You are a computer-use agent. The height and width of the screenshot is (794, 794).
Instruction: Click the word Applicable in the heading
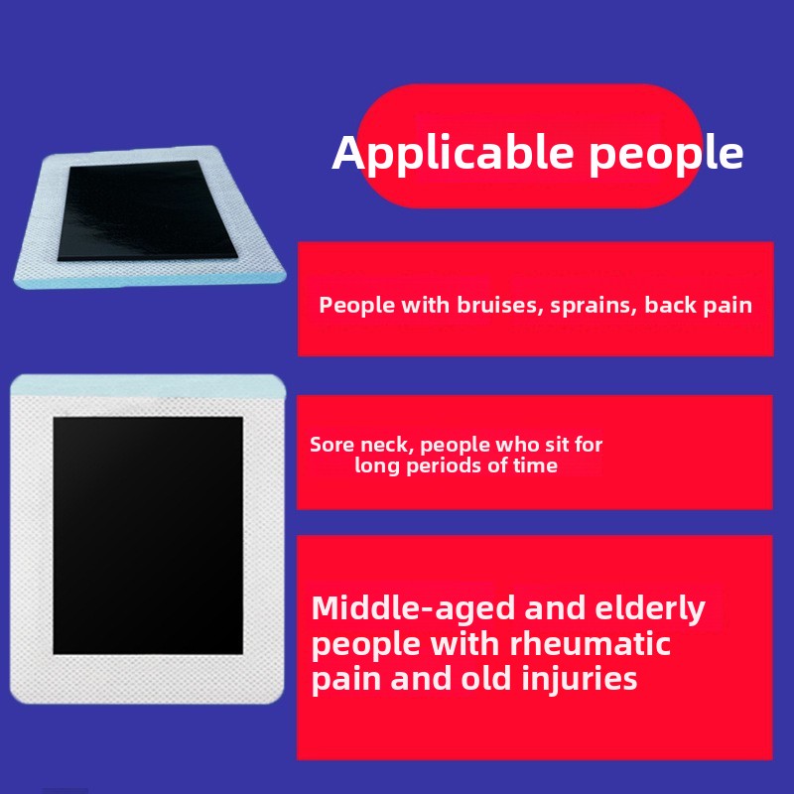[453, 154]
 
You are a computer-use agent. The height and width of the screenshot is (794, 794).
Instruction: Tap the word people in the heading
[666, 154]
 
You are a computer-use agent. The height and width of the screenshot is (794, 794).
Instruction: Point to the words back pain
[699, 306]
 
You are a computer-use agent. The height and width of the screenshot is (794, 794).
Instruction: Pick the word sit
[556, 444]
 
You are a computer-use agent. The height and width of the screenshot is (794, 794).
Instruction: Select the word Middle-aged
[414, 608]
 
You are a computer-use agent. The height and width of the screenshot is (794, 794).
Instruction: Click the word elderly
[650, 608]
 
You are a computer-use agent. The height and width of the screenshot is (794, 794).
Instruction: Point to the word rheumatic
[590, 643]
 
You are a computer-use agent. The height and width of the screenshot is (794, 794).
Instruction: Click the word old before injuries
[485, 678]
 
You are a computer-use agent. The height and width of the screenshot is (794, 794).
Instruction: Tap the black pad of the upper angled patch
[146, 209]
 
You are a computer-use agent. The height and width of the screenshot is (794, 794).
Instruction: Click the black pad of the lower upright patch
[148, 535]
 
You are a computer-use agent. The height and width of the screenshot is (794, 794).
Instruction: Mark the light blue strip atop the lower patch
[148, 386]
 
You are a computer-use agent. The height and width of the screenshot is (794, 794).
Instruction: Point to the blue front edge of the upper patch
[151, 281]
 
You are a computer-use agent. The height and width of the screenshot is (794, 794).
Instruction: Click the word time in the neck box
[535, 465]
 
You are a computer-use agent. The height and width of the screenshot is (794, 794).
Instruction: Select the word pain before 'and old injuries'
[346, 680]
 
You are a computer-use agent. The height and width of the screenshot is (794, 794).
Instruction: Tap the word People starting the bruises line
[356, 306]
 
